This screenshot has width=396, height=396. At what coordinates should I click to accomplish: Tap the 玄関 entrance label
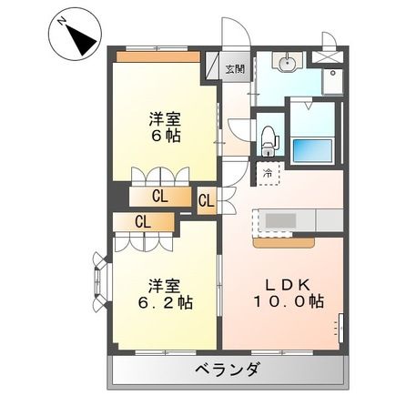234,67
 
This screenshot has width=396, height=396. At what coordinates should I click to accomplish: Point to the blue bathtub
314,147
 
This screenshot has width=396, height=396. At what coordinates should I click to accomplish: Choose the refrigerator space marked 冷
269,170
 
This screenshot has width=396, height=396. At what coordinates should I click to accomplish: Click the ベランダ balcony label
227,370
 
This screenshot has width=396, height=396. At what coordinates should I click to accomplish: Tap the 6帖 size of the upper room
167,135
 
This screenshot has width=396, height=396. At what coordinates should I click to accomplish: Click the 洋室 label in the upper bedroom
167,117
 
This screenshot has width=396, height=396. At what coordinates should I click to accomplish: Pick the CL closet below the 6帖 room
159,195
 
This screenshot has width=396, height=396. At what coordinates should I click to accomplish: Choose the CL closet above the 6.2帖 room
143,220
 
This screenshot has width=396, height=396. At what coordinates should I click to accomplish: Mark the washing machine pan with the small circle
333,80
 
